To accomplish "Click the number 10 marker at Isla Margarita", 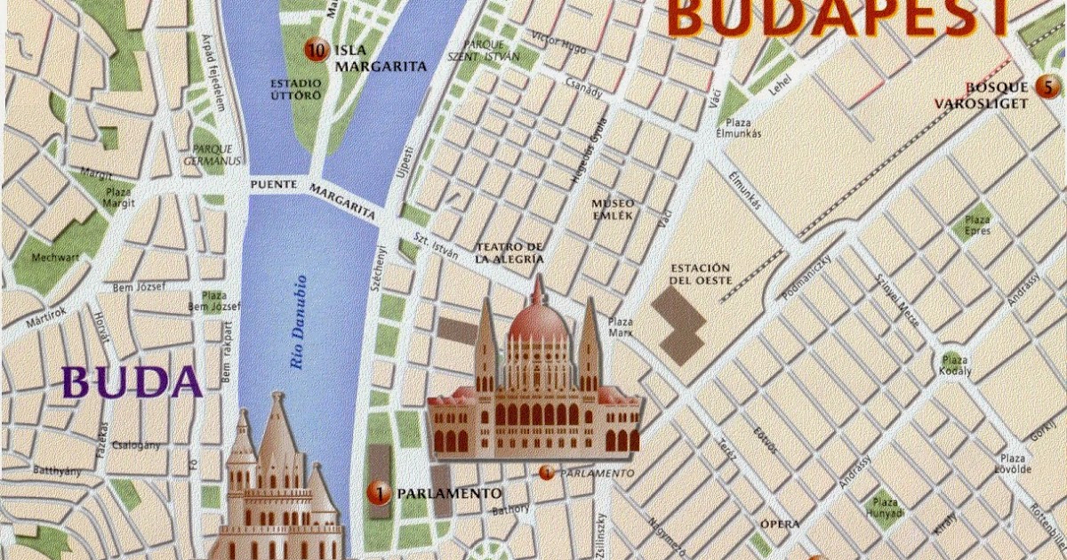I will (x=314, y=50).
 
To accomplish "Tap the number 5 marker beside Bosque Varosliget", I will (x=1047, y=87).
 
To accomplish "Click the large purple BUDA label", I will (x=133, y=382).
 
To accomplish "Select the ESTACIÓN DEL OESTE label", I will (x=700, y=275).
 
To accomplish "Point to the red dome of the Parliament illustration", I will (x=537, y=322).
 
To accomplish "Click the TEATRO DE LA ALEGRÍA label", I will (x=509, y=252).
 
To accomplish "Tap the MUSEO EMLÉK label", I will (x=614, y=209).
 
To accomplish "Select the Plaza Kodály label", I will (x=955, y=365).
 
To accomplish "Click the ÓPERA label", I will (x=780, y=524).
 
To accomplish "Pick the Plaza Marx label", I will (x=620, y=326).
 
